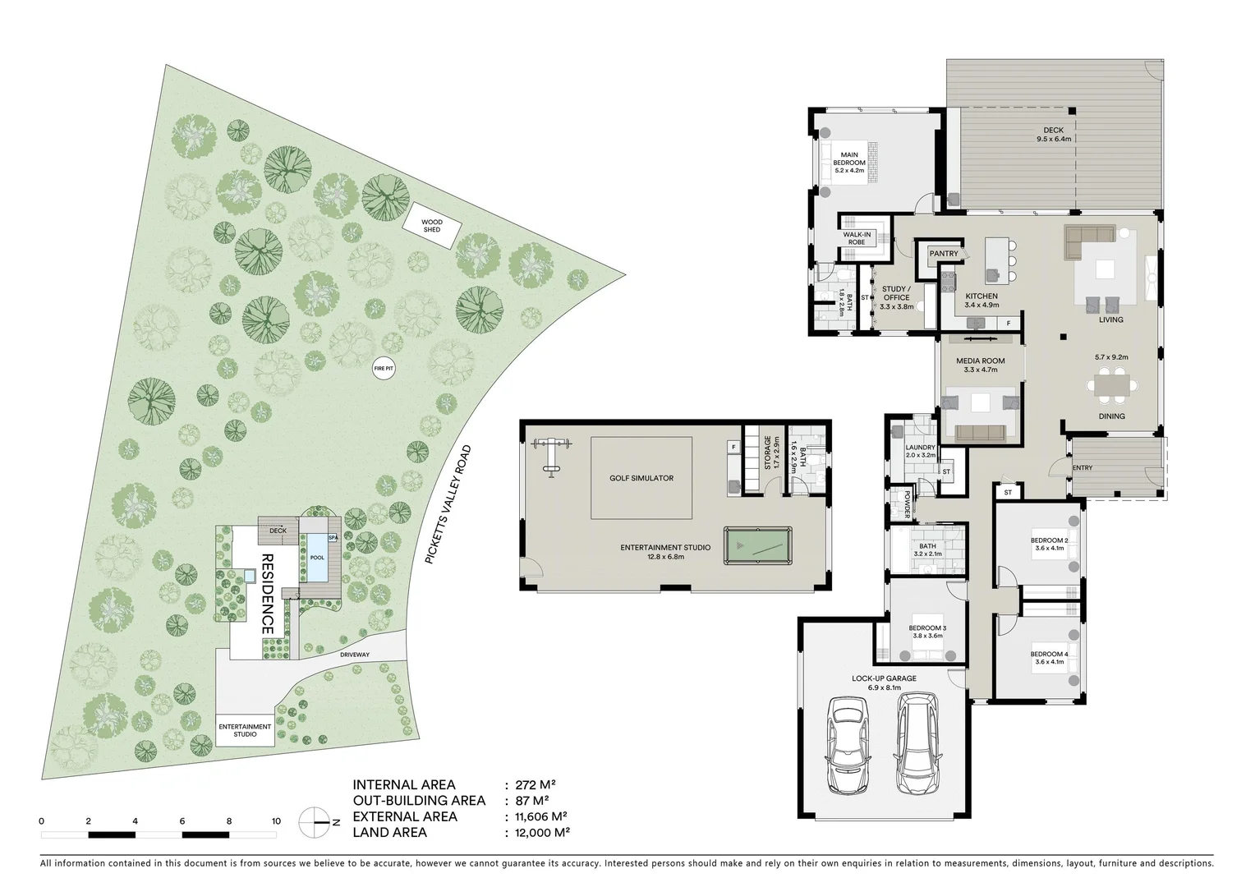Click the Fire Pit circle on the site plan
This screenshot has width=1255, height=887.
point(384,369)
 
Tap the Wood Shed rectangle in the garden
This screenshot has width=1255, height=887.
point(432,226)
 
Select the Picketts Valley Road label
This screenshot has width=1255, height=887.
point(448,504)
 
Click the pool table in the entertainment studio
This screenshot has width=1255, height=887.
point(757,545)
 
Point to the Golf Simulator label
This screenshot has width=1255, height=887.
point(641,478)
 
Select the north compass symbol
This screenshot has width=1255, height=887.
point(315,823)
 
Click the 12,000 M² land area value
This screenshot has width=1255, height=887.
point(542,833)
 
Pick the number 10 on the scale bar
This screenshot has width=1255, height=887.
point(276,821)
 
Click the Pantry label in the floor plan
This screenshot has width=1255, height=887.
point(944,253)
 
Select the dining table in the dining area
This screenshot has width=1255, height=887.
point(1112,385)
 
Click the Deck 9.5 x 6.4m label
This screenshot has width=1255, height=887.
point(1054,135)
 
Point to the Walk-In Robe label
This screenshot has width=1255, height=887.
point(857,238)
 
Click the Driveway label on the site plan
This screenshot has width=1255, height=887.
point(355,655)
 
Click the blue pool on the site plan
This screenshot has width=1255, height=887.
point(317,558)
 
